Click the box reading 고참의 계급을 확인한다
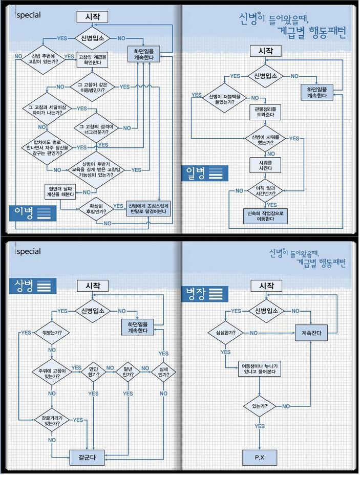coord(93,60)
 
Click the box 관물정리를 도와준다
coord(265,112)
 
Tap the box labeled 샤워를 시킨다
coord(265,165)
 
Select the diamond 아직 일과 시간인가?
coord(265,190)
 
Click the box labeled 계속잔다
coord(311,334)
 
